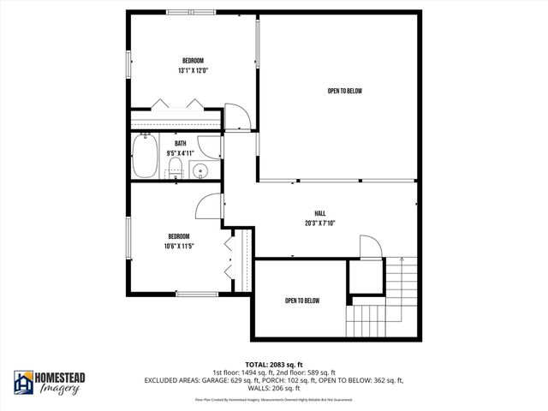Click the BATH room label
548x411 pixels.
(x=180, y=144)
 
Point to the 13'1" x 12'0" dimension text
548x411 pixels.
(x=193, y=70)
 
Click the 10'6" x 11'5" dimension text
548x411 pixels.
(x=179, y=246)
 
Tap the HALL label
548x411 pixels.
(x=320, y=213)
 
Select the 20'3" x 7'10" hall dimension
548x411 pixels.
(x=320, y=223)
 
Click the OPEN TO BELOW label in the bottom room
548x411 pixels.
(x=302, y=301)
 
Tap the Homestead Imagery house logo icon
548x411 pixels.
(x=23, y=383)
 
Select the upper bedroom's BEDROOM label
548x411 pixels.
(x=193, y=60)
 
